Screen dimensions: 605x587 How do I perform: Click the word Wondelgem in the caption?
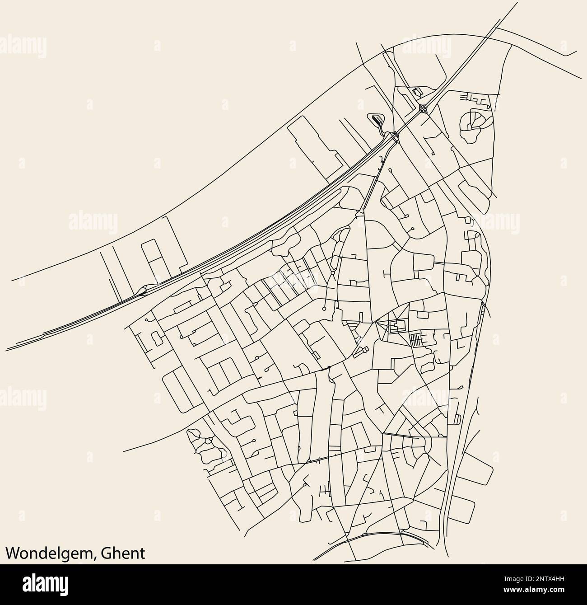point(48,553)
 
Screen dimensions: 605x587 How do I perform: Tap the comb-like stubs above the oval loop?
point(479,98)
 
